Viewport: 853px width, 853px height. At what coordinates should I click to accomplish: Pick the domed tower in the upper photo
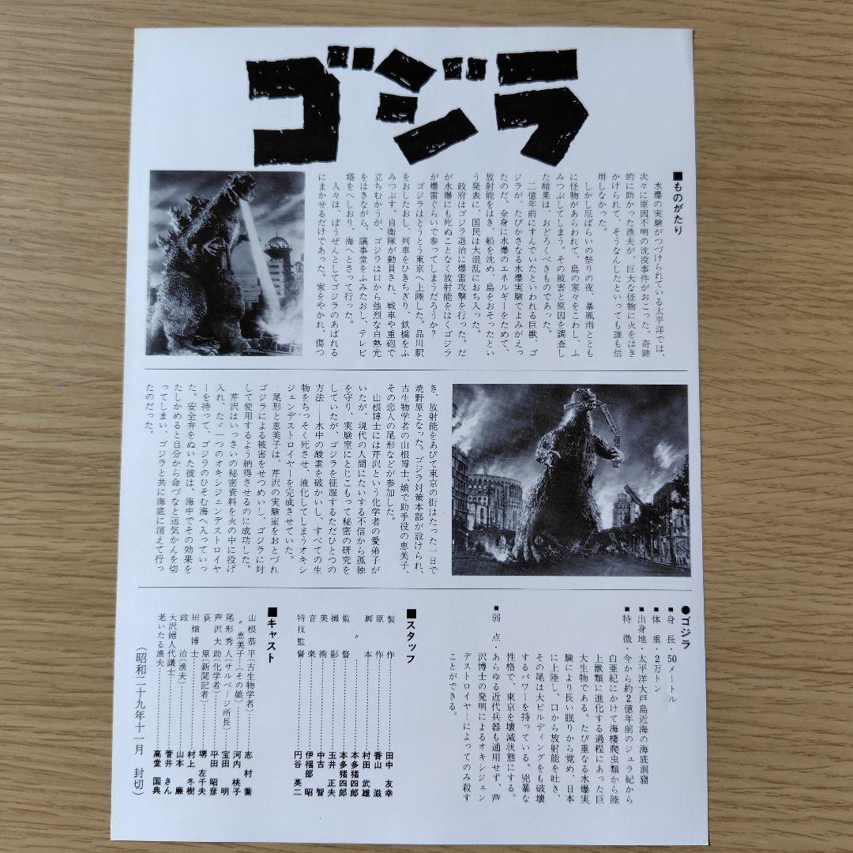[x=277, y=245]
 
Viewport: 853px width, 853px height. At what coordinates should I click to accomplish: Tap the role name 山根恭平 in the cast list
[x=253, y=648]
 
